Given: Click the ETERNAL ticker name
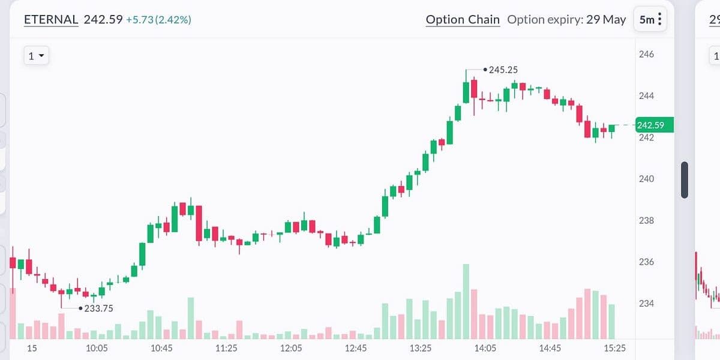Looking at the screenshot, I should (x=51, y=19).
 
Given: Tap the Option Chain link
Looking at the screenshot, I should (x=463, y=19).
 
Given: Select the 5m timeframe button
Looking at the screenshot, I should (x=651, y=19).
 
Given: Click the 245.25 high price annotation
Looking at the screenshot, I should (x=503, y=70).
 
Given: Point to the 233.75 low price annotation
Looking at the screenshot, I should (x=98, y=308).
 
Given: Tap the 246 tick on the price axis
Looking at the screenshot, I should (x=646, y=54).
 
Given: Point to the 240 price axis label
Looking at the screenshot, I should (x=646, y=179).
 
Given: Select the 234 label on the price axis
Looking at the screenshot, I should (x=646, y=303).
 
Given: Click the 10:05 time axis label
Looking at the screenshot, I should (x=97, y=348).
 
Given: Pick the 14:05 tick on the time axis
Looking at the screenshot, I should (x=485, y=348).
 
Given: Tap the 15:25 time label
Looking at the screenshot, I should (x=614, y=348).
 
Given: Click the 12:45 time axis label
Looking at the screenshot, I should (x=356, y=348).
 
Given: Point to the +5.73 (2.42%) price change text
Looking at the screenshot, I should (x=158, y=20).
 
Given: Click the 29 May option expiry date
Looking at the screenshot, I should (x=606, y=19).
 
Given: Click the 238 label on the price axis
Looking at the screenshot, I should (x=646, y=220).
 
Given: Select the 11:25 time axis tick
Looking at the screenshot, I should (x=226, y=348).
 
